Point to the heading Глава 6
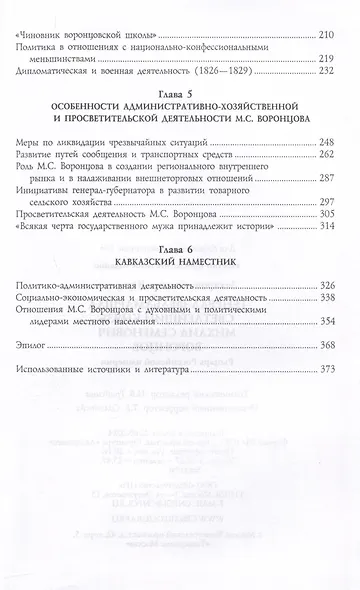coord(180,273)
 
